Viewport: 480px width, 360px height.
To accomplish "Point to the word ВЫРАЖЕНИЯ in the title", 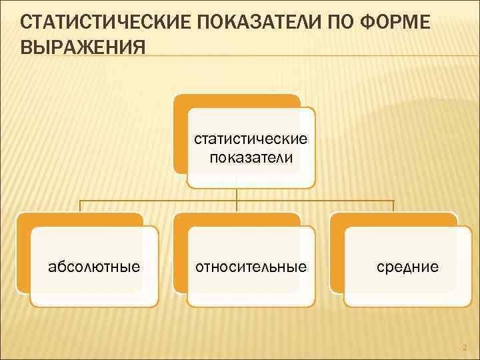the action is (84, 48).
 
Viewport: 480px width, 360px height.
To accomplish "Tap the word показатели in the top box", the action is (250, 157).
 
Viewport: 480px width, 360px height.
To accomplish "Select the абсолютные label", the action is (95, 267).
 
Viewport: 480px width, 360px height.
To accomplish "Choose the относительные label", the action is (251, 267).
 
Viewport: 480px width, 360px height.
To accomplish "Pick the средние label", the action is (407, 267).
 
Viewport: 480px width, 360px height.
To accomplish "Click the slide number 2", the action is (465, 346).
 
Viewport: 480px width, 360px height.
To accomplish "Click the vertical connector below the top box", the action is (237, 194).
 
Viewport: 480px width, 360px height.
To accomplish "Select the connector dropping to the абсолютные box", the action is (81, 206).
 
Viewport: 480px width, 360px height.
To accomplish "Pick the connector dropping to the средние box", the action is (393, 206).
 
